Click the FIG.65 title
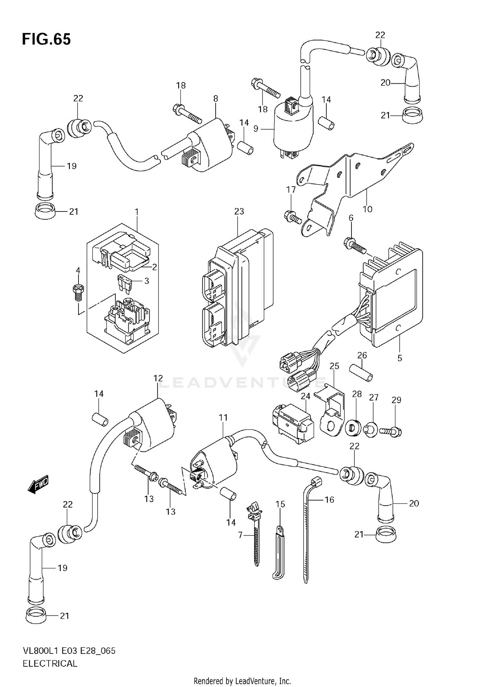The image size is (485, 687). click(x=46, y=39)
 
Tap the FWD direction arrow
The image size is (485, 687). click(x=38, y=484)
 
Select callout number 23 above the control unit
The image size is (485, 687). click(x=239, y=211)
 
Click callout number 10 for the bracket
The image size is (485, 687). click(x=368, y=209)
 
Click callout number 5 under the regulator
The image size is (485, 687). click(x=400, y=358)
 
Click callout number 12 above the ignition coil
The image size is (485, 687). click(x=158, y=378)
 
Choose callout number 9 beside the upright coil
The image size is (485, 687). click(x=256, y=129)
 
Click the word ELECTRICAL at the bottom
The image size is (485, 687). click(x=50, y=663)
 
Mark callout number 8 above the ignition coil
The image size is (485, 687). click(x=216, y=99)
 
